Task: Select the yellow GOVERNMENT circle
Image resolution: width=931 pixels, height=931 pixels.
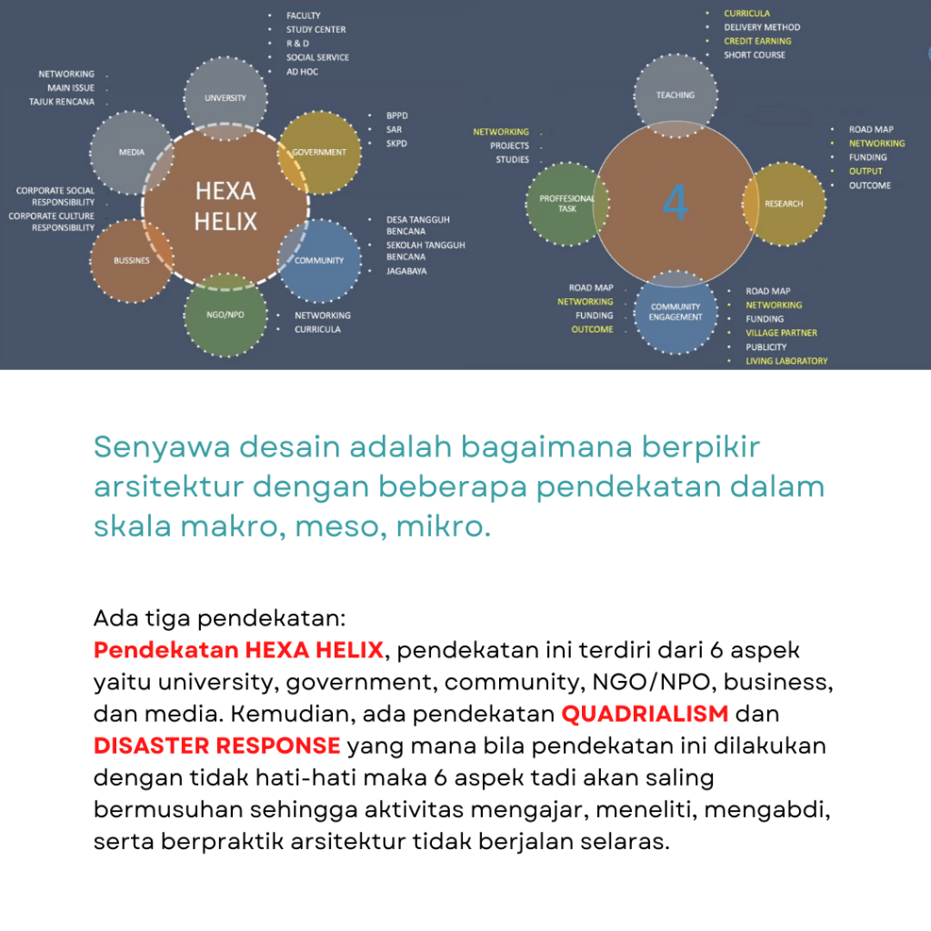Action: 319,152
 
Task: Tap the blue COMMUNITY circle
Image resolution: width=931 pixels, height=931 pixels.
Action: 319,260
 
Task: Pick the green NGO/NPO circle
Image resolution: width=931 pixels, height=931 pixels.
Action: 225,315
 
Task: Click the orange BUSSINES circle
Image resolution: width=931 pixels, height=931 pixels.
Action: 132,260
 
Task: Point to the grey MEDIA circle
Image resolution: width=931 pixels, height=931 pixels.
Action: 132,152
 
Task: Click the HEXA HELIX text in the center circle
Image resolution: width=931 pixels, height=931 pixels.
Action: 225,205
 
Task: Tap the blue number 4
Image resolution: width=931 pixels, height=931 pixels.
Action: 675,203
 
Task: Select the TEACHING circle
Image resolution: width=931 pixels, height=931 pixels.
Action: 676,95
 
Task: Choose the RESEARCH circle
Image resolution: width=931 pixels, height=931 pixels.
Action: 784,204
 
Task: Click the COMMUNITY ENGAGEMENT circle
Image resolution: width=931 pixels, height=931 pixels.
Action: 676,313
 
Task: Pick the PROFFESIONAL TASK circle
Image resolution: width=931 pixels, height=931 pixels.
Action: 567,204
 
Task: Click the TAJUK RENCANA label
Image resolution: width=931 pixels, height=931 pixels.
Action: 62,102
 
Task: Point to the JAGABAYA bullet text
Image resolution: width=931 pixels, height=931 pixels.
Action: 406,271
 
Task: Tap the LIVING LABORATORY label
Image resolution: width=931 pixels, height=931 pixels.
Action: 786,361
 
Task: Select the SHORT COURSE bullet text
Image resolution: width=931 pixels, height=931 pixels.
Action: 755,55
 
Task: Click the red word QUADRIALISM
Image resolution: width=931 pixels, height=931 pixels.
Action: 645,713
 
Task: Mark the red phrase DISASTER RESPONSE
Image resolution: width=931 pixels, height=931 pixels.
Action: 216,746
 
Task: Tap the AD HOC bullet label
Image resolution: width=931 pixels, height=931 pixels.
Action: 302,71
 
